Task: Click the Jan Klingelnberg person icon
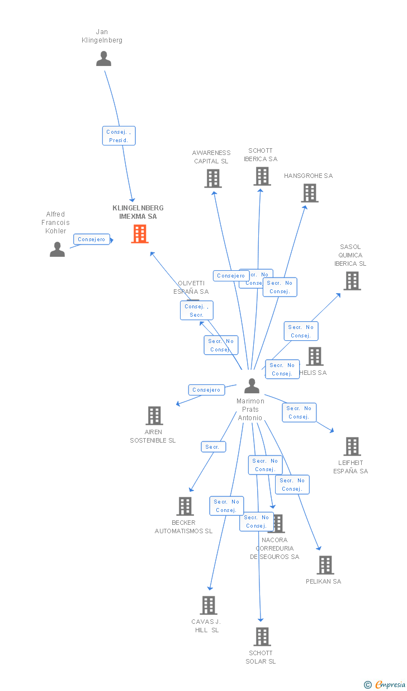coord(103,59)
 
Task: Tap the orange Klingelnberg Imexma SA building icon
coord(140,234)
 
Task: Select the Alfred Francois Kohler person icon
coord(57,250)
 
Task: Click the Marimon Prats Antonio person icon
coord(252,386)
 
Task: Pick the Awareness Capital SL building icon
coord(212,178)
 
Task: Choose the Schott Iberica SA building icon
coord(262,176)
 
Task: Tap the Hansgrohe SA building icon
coord(310,193)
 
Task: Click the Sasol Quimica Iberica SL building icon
coord(352,281)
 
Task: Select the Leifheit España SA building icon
coord(352,446)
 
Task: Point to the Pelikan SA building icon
coord(325,565)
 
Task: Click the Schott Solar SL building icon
coord(262,637)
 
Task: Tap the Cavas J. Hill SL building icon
coord(209,605)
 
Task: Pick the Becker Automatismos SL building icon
coord(185,506)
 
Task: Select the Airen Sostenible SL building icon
coord(154,416)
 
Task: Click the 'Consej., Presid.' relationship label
coord(119,136)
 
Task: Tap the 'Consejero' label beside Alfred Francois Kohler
coord(92,239)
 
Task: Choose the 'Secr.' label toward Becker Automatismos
coord(213,447)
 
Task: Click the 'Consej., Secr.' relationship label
coord(197,311)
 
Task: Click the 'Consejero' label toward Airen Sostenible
coord(206,390)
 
